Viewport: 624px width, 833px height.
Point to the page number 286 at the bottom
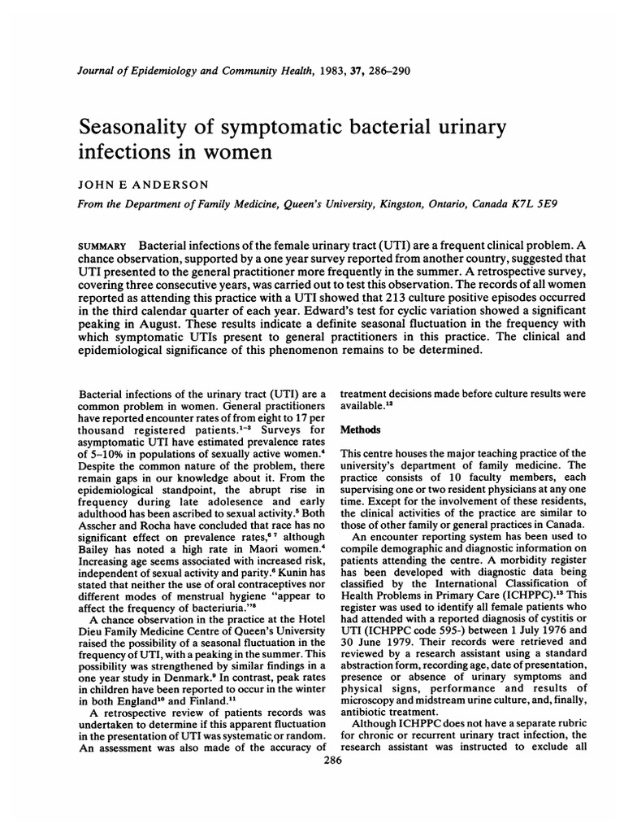pyautogui.click(x=331, y=761)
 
